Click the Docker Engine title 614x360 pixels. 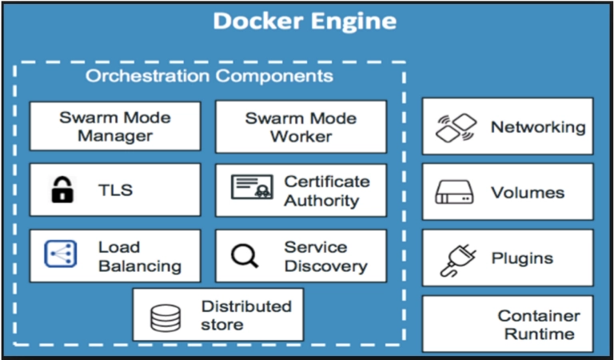pos(305,21)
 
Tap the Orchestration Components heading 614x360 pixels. pos(209,76)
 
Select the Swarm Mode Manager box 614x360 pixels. pos(115,126)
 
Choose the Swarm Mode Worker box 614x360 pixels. pos(301,127)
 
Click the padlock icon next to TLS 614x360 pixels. pos(62,190)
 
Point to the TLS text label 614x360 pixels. pos(115,190)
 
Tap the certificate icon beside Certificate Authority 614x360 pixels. pos(252,187)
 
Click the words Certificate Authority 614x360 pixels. pos(326,190)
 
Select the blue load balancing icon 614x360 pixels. pos(60,254)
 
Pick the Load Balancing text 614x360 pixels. pos(140,257)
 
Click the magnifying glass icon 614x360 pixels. pos(245,256)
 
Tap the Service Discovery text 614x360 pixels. pos(326,257)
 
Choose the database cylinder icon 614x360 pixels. pos(165,318)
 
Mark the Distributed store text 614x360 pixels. pos(246,315)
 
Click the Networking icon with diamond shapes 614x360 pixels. pos(457,128)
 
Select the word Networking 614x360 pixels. pos(538,127)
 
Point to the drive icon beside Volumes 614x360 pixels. pos(454,192)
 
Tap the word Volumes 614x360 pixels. pos(528,192)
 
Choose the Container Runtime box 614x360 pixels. pos(508,324)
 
